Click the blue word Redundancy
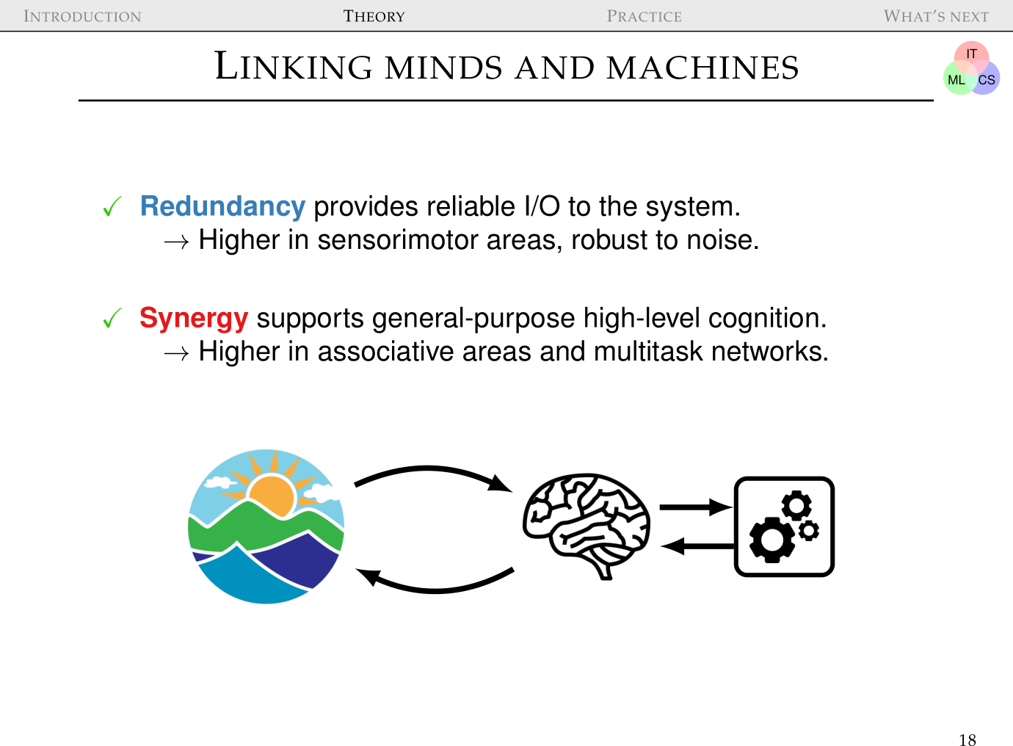[x=222, y=207]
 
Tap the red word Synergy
[x=194, y=319]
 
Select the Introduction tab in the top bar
[x=82, y=16]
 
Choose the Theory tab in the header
[x=374, y=16]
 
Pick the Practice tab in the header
[x=644, y=16]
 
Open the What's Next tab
[x=936, y=16]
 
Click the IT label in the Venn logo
[x=971, y=54]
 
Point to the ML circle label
[x=956, y=80]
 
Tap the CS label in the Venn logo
[x=987, y=80]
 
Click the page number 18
[x=967, y=739]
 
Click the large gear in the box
[x=770, y=540]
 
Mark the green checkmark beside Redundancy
[x=112, y=208]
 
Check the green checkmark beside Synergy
[x=112, y=319]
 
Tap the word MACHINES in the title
[x=702, y=68]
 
